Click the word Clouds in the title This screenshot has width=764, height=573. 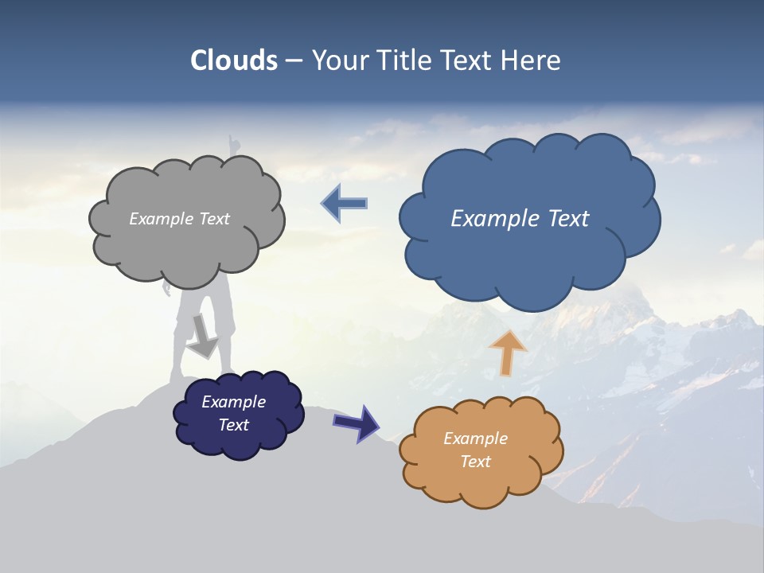234,60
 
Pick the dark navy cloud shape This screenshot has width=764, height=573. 239,442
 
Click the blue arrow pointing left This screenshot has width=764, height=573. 345,203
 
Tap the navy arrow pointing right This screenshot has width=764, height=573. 357,422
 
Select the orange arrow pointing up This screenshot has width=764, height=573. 507,352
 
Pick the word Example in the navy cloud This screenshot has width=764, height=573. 234,402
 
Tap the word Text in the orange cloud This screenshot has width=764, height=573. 476,462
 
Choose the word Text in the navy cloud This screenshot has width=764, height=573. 234,425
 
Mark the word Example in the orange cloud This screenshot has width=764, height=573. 476,439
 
